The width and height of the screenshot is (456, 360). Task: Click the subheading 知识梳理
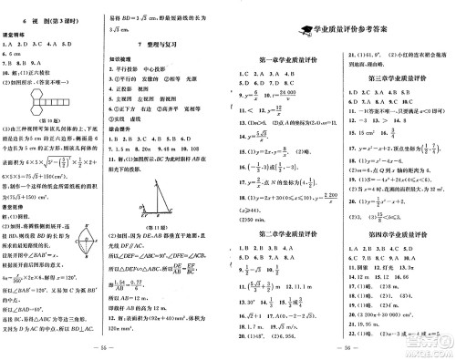click(133, 57)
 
